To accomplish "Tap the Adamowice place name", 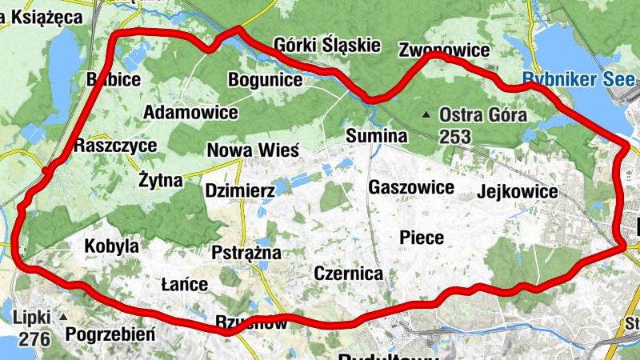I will click(190, 112).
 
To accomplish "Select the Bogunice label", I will click(265, 80).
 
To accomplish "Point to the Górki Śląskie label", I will click(326, 45).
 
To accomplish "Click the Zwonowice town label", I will click(444, 51).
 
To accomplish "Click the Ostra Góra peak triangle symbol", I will click(430, 114).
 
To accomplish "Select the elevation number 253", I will click(454, 137).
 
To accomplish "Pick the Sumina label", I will click(377, 137).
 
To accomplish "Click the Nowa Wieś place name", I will click(253, 150).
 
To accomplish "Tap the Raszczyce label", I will click(115, 146).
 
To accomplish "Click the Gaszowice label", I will click(411, 187).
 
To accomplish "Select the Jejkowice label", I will click(517, 192).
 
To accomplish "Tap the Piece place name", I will click(422, 238).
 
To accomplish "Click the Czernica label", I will click(348, 274).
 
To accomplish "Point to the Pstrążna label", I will click(246, 253).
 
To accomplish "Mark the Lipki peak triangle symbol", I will click(63, 318).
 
